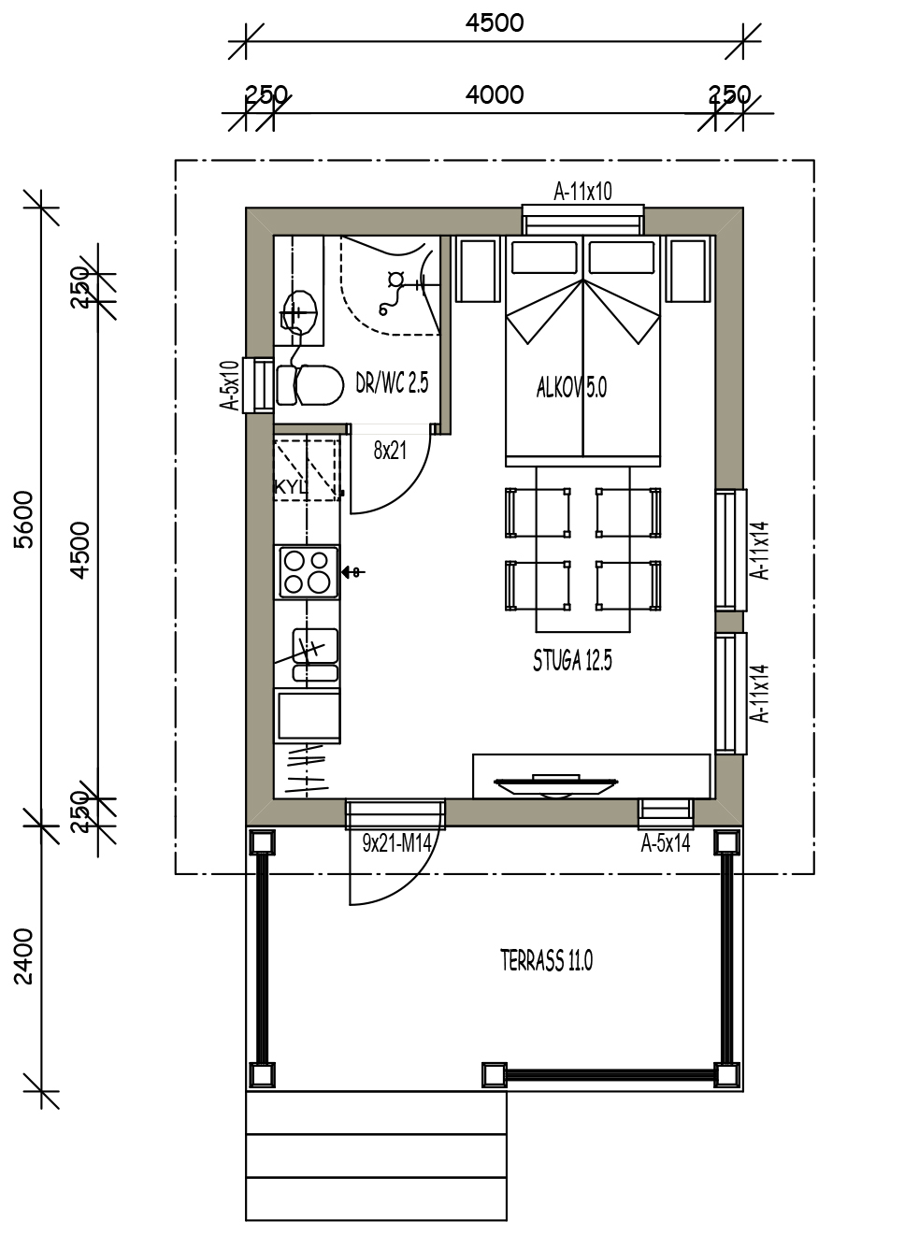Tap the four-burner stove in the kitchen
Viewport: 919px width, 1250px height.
click(x=309, y=572)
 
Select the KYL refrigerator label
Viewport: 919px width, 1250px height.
click(x=291, y=487)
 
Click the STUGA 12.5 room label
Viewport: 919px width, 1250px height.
click(x=572, y=661)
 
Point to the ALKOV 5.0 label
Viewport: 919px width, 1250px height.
click(x=571, y=387)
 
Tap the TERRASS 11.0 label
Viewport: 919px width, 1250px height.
click(x=546, y=961)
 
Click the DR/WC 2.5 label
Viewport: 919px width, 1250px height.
click(x=392, y=382)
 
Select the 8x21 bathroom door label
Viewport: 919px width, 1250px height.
click(x=390, y=451)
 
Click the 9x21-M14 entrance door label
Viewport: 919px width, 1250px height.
click(x=397, y=842)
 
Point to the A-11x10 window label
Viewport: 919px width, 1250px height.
click(x=582, y=192)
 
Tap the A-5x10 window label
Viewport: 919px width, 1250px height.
click(x=229, y=385)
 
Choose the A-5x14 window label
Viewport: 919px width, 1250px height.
click(x=665, y=843)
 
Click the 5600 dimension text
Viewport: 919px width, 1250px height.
click(x=24, y=519)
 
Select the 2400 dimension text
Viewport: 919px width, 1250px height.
click(x=24, y=956)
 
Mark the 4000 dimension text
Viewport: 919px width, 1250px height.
click(x=495, y=94)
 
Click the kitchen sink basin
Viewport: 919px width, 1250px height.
click(x=315, y=646)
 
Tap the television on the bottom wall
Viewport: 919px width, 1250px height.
click(x=555, y=785)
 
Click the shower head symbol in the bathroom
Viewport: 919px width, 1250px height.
click(x=396, y=279)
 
